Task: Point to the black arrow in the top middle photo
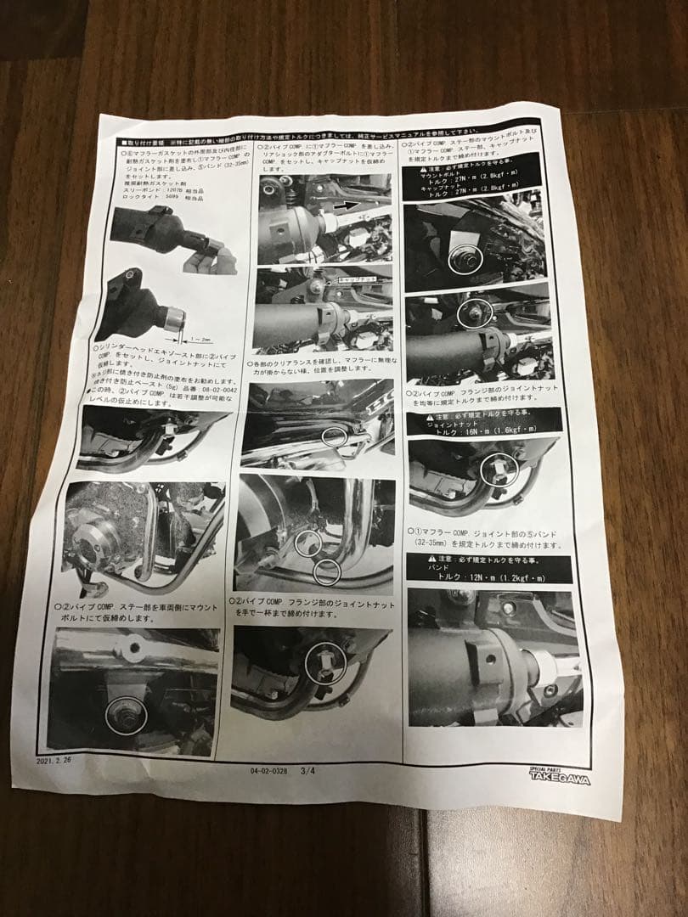(x=345, y=206)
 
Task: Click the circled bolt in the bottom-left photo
(x=124, y=717)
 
